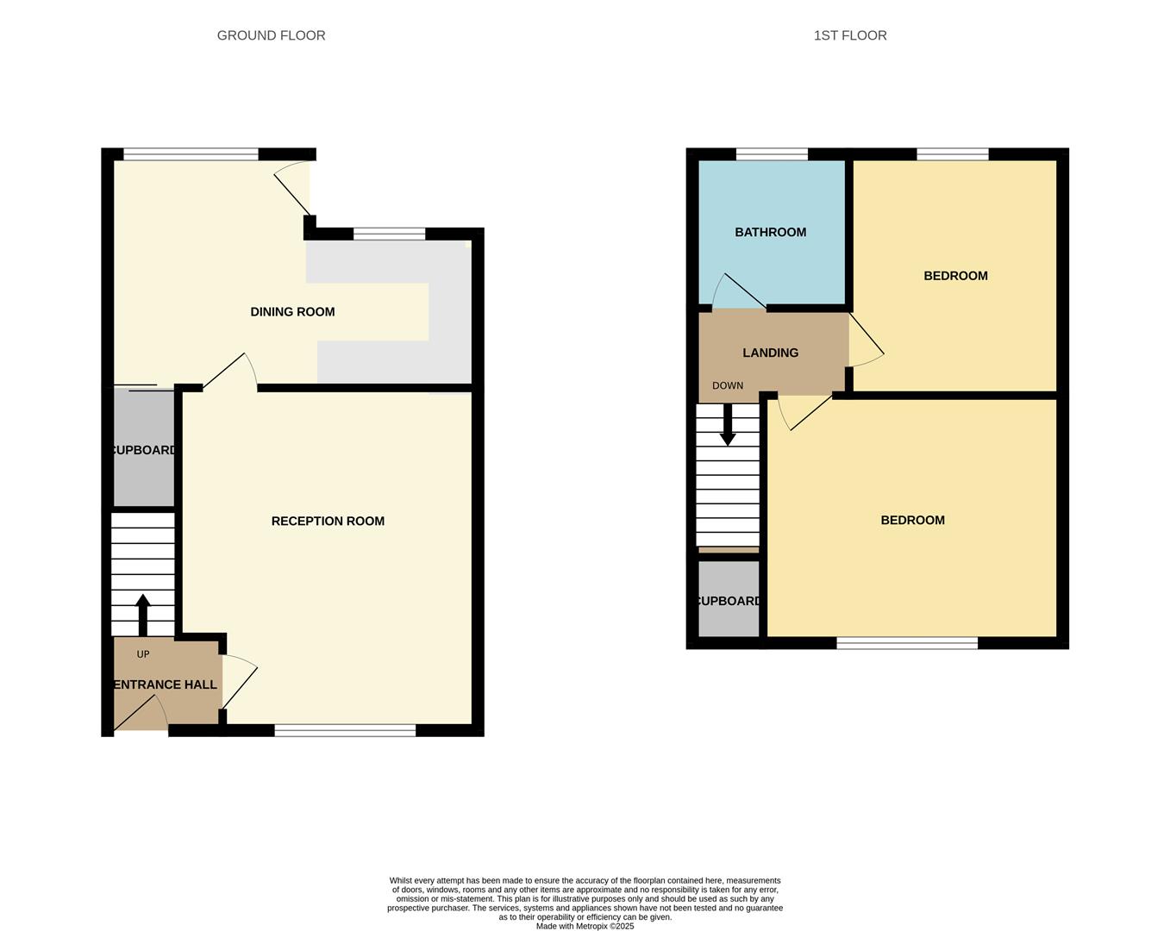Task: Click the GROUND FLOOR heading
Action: (x=271, y=35)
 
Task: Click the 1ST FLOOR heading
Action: (x=850, y=35)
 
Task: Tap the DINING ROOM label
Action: (x=292, y=312)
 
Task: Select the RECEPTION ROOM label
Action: (x=328, y=521)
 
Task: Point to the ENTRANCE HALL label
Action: (x=166, y=684)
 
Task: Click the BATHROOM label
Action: (x=770, y=232)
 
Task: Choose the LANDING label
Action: (x=770, y=353)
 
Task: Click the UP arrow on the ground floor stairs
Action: (x=143, y=613)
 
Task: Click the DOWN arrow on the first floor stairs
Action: (x=728, y=424)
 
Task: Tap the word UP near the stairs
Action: (x=143, y=654)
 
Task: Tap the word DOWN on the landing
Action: (x=728, y=385)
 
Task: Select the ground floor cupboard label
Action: (x=144, y=450)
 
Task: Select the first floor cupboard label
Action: (x=729, y=601)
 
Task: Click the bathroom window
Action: (x=772, y=154)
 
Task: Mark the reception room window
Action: (x=345, y=730)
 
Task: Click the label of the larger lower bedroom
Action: (x=912, y=520)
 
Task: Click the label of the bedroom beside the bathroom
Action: (x=955, y=276)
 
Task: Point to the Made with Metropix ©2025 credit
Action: (x=585, y=926)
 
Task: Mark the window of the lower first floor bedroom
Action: (x=907, y=642)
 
